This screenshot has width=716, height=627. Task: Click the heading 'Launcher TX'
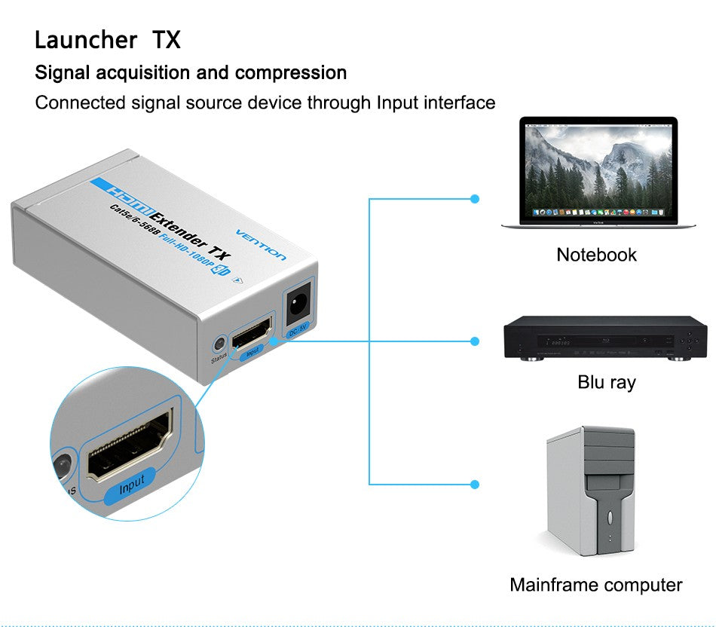pos(108,40)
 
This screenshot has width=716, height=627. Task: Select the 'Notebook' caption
pos(596,255)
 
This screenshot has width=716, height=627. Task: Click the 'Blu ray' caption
pos(606,382)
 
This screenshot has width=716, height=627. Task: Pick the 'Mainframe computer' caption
pos(595,585)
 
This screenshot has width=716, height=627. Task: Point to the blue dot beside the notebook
pos(474,199)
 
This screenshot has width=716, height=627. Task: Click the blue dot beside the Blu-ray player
pos(474,341)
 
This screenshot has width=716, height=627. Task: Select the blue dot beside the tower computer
pos(474,483)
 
